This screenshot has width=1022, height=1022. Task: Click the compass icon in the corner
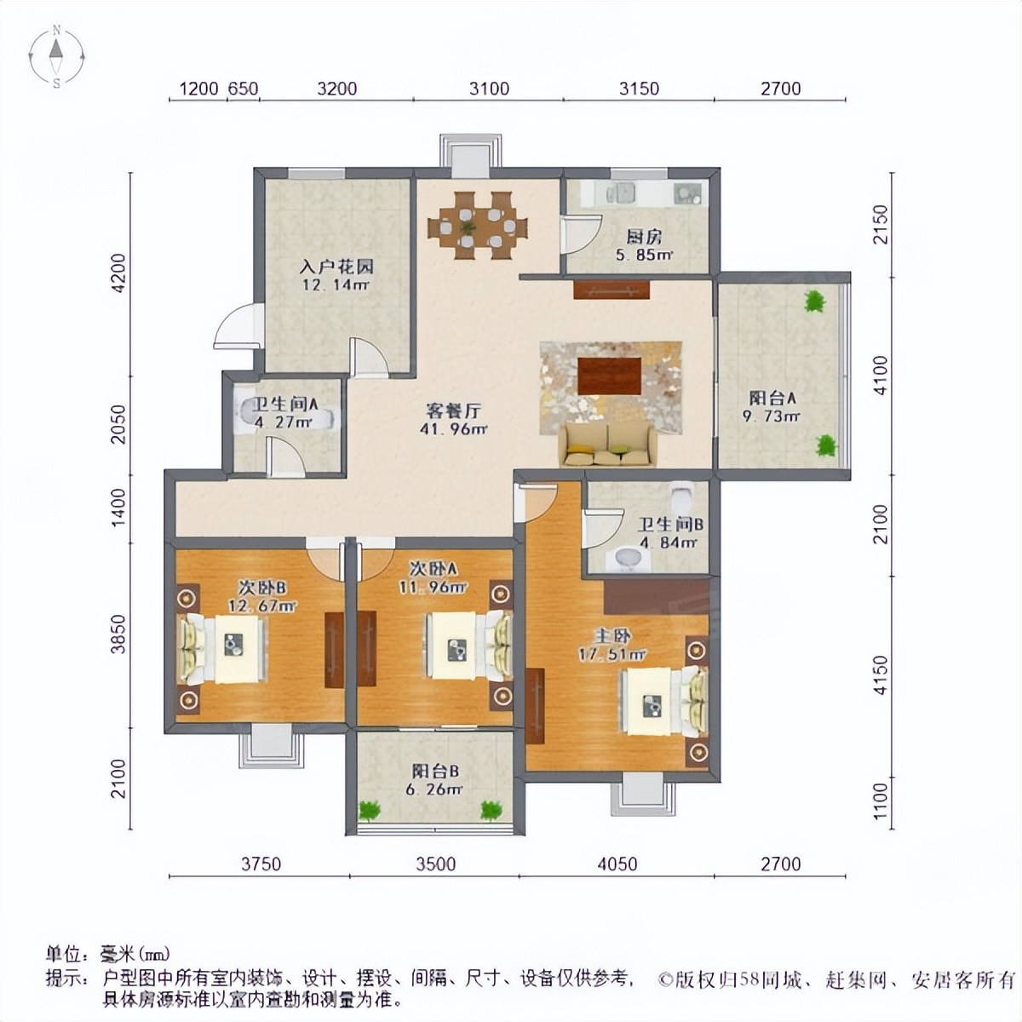(x=56, y=57)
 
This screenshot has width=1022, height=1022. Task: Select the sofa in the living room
(x=607, y=445)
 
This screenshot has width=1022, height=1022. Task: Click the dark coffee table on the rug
(x=609, y=376)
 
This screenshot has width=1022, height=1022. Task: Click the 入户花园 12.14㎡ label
(x=336, y=275)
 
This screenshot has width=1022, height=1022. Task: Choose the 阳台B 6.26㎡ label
(x=435, y=780)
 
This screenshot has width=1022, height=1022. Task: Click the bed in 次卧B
(x=223, y=648)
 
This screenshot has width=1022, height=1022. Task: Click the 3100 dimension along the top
(x=489, y=89)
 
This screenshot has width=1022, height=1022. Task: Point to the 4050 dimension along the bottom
(x=617, y=864)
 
